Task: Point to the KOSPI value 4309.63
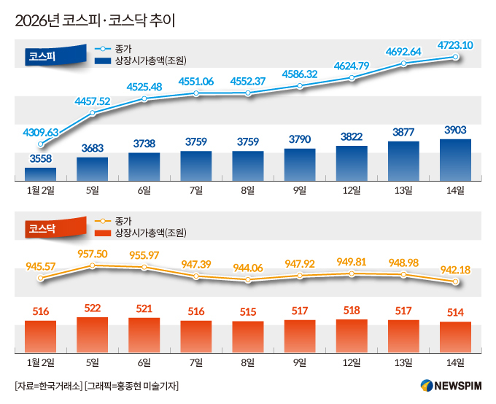pyautogui.click(x=41, y=132)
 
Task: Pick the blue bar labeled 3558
pyautogui.click(x=40, y=174)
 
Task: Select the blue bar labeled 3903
pyautogui.click(x=456, y=160)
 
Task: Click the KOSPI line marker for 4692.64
pyautogui.click(x=404, y=65)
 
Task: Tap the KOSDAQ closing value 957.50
pyautogui.click(x=92, y=253)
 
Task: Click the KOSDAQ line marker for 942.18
pyautogui.click(x=456, y=281)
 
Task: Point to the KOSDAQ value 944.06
pyautogui.click(x=248, y=268)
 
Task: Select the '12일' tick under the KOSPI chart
pyautogui.click(x=352, y=190)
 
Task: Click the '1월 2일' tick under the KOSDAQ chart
pyautogui.click(x=40, y=362)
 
